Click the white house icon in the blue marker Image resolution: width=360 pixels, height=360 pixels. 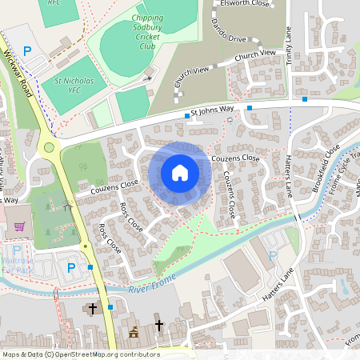click(x=179, y=172)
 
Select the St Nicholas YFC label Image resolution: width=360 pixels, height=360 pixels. click(x=75, y=86)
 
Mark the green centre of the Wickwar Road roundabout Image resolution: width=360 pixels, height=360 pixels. click(x=50, y=146)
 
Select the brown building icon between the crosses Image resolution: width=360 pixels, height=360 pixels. click(x=134, y=332)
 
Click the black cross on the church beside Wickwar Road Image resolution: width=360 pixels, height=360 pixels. click(x=92, y=307)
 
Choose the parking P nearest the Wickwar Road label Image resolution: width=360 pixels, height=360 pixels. click(x=27, y=51)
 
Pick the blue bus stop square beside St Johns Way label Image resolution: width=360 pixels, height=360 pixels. click(x=187, y=116)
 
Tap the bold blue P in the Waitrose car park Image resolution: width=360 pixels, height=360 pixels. click(x=70, y=268)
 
